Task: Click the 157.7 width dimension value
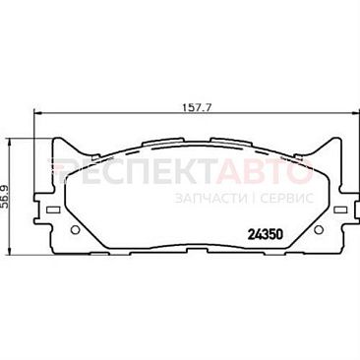point(197,107)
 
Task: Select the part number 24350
point(265,234)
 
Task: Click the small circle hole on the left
point(75,230)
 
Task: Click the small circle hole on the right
point(318,230)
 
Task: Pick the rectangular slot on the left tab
point(53,210)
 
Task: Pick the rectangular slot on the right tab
point(339,210)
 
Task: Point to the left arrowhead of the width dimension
point(37,113)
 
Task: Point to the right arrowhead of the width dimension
point(355,113)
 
